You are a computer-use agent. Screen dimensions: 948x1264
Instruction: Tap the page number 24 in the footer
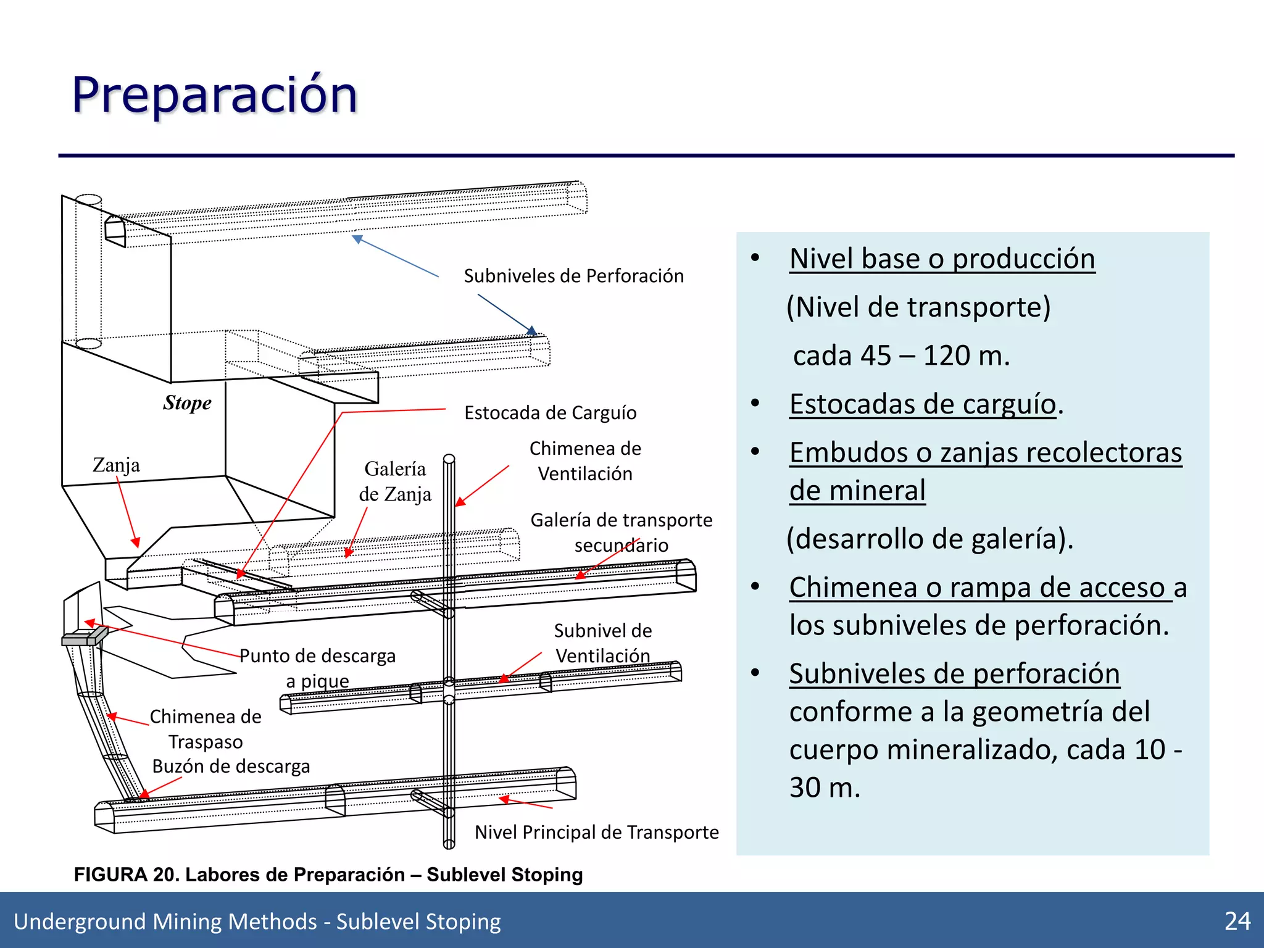pyautogui.click(x=1237, y=921)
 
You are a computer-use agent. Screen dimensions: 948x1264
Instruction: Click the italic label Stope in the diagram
pyautogui.click(x=187, y=402)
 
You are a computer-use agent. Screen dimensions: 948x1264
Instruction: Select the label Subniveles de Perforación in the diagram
pyautogui.click(x=573, y=276)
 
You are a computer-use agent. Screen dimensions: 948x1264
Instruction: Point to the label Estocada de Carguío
pyautogui.click(x=550, y=412)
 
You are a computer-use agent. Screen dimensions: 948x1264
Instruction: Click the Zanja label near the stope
pyautogui.click(x=116, y=465)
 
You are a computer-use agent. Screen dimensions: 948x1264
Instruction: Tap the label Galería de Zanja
pyautogui.click(x=395, y=481)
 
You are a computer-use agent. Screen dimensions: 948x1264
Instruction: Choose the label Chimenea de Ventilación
pyautogui.click(x=585, y=461)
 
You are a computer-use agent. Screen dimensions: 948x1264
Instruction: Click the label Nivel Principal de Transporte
pyautogui.click(x=596, y=832)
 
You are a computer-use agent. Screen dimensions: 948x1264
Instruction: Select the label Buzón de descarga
pyautogui.click(x=231, y=766)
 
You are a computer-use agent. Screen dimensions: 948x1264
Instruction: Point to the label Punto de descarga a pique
pyautogui.click(x=317, y=668)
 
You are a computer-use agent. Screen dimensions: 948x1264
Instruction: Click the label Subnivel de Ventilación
pyautogui.click(x=602, y=642)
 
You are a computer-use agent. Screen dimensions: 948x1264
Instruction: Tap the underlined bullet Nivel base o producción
pyautogui.click(x=942, y=259)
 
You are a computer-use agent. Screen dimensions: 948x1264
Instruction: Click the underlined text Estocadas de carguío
pyautogui.click(x=923, y=404)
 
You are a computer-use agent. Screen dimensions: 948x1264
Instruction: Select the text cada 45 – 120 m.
pyautogui.click(x=901, y=355)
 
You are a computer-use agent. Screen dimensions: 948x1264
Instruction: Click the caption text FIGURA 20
pyautogui.click(x=125, y=875)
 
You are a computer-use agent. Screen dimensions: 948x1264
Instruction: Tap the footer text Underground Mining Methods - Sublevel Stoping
pyautogui.click(x=257, y=921)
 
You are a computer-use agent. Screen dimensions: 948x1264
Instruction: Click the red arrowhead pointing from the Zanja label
pyautogui.click(x=136, y=543)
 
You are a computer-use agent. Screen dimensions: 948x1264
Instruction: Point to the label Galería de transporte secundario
pyautogui.click(x=621, y=532)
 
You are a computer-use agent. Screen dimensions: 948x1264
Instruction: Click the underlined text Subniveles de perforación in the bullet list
pyautogui.click(x=954, y=673)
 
